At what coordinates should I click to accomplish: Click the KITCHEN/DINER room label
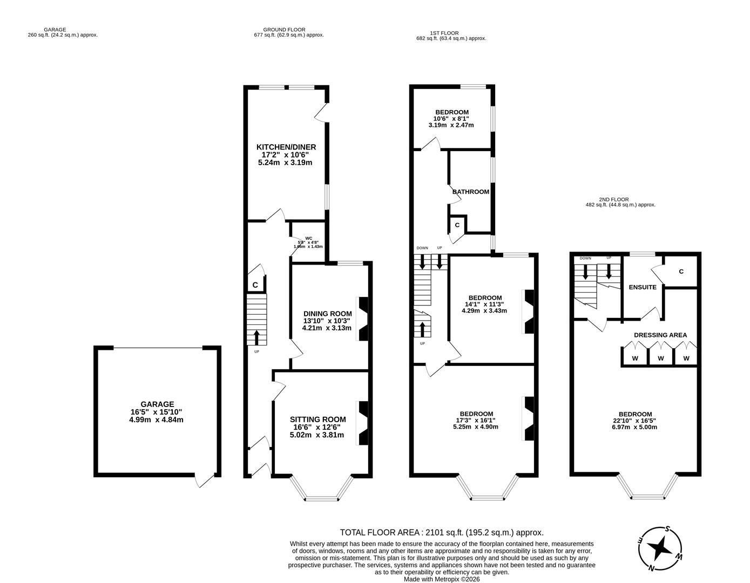coord(286,147)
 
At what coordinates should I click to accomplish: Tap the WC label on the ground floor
coord(308,238)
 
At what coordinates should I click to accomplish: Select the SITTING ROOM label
coord(317,419)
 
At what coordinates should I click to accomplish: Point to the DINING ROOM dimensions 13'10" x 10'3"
coord(327,321)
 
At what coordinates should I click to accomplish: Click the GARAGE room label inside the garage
coord(157,404)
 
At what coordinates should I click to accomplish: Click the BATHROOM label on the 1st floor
coord(471,192)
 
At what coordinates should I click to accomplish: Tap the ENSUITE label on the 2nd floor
coord(643,287)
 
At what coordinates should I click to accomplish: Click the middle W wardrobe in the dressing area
coord(660,358)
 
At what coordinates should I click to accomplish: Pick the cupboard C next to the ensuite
coord(681,272)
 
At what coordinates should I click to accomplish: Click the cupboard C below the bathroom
coord(457,225)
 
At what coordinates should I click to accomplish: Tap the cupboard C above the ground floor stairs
coord(255,284)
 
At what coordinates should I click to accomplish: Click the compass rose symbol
coord(660,550)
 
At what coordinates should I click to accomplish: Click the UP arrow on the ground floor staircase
coord(256,337)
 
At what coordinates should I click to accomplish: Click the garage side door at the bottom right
coord(205,480)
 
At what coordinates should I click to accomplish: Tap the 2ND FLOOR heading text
coord(614,199)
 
